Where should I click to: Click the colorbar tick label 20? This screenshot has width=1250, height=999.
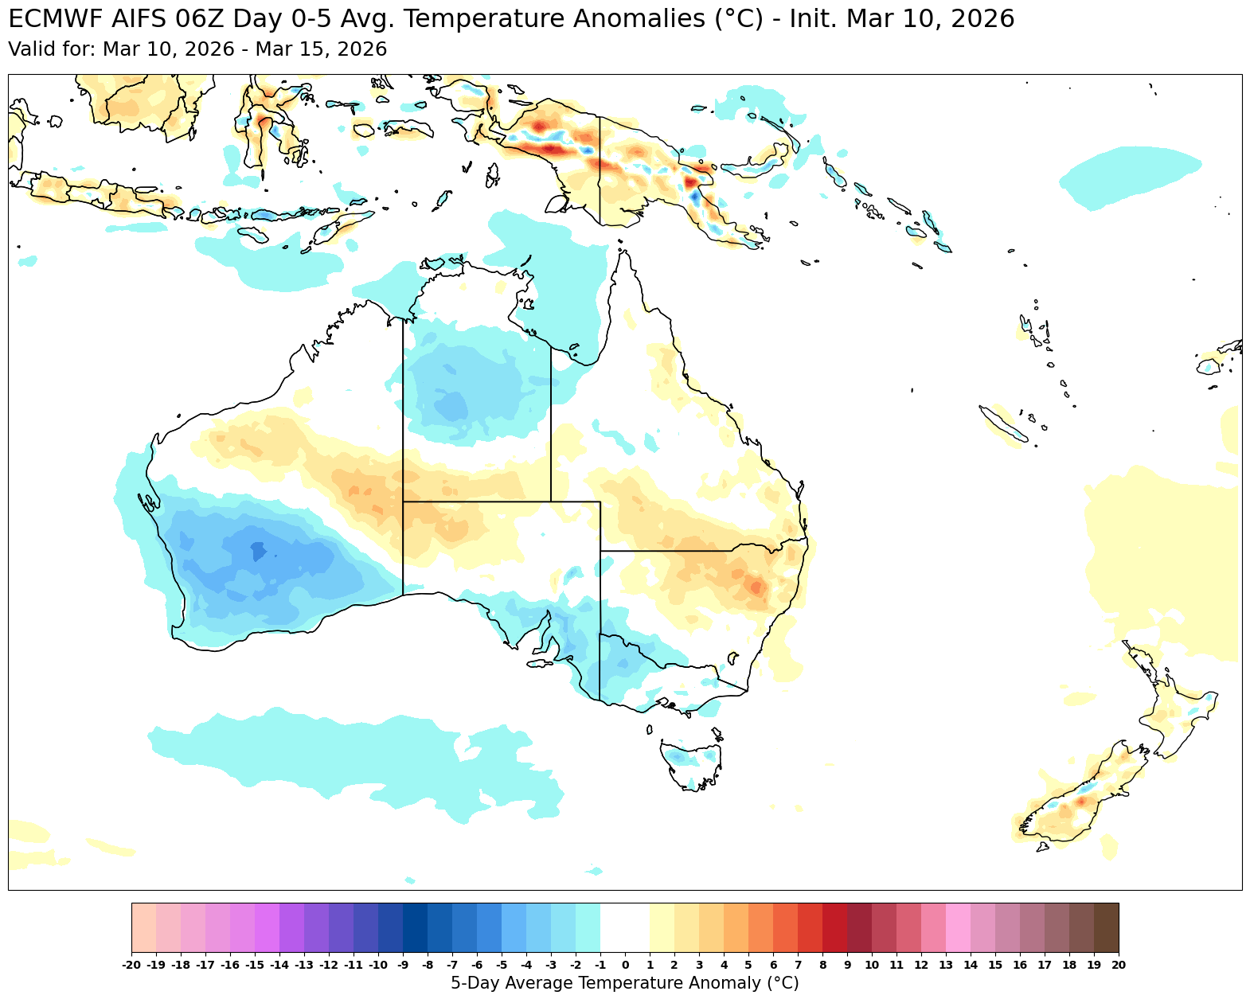(x=1118, y=966)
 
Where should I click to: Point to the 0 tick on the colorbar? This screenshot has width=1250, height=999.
(x=625, y=966)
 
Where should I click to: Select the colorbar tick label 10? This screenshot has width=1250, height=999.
(x=872, y=966)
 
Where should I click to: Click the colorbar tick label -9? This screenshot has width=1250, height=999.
(x=403, y=966)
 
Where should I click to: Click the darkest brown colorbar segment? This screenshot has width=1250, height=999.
(x=1106, y=927)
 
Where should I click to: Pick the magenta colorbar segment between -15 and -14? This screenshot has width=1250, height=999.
(x=267, y=927)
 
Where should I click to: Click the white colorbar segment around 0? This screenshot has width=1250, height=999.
(x=625, y=927)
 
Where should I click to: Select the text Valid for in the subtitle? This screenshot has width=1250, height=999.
(x=52, y=49)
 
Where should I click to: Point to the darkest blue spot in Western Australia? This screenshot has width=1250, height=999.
(x=256, y=550)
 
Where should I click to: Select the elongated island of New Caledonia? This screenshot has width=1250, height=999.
(x=1004, y=423)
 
